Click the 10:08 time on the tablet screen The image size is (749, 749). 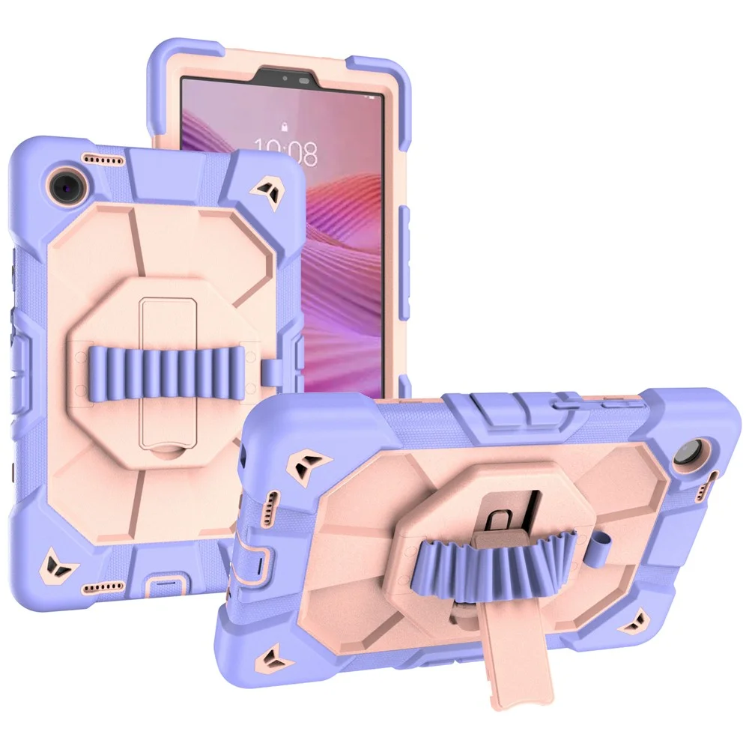pyautogui.click(x=285, y=151)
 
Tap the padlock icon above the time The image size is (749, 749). pyautogui.click(x=285, y=127)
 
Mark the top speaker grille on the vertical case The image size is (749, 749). pyautogui.click(x=103, y=160)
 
